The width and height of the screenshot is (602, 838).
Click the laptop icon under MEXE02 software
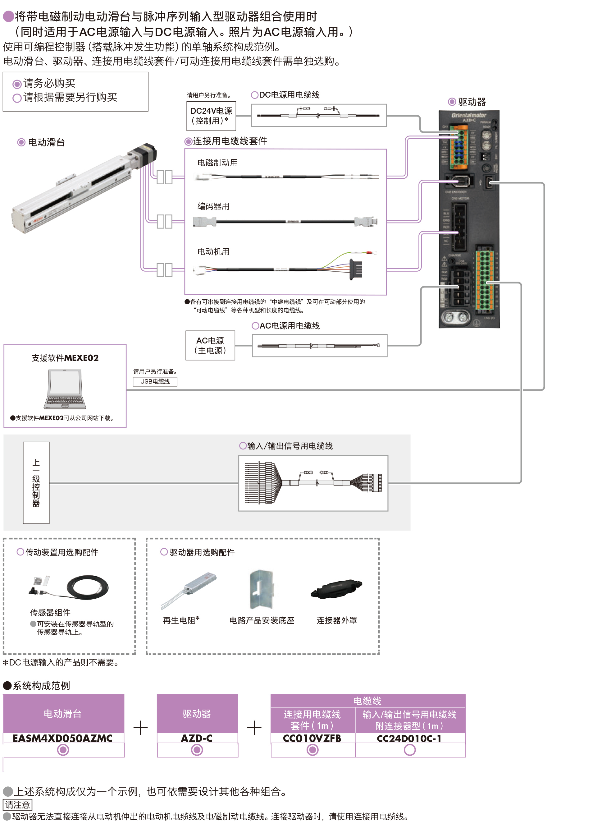coord(65,389)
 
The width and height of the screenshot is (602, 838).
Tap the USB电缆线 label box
coord(155,381)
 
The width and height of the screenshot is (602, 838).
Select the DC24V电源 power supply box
coord(211,116)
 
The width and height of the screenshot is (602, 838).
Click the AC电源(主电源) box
coord(210,345)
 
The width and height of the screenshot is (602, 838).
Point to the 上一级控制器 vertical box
coord(36,482)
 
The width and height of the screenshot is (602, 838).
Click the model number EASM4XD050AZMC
coord(63,738)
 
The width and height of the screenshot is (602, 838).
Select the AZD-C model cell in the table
coord(197,738)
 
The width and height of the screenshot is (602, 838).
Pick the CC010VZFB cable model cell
coord(312,738)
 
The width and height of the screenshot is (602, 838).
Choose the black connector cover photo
coord(336,588)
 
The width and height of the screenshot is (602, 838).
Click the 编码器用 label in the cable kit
coord(213,206)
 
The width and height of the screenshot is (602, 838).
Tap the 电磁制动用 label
coord(217,163)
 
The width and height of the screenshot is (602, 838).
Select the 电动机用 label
coord(213,252)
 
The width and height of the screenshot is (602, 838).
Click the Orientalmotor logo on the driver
coord(469,115)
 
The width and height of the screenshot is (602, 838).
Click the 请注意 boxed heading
coord(17,804)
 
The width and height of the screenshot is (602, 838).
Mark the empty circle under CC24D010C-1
coord(410,750)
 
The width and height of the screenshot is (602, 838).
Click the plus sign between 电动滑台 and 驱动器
coord(140,728)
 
